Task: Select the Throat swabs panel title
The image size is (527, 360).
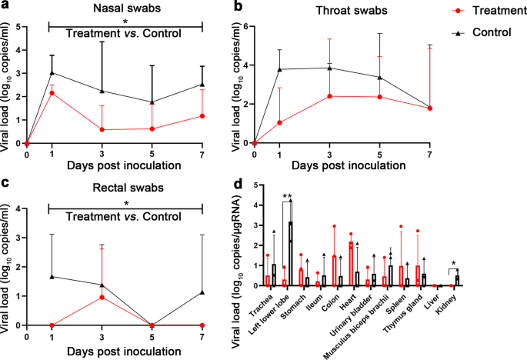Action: coord(365,11)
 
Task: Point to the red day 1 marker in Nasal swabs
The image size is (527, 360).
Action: coord(51,93)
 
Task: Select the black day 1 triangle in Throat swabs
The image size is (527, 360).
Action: coord(279,69)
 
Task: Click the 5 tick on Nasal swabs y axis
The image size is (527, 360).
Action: coord(18,26)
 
